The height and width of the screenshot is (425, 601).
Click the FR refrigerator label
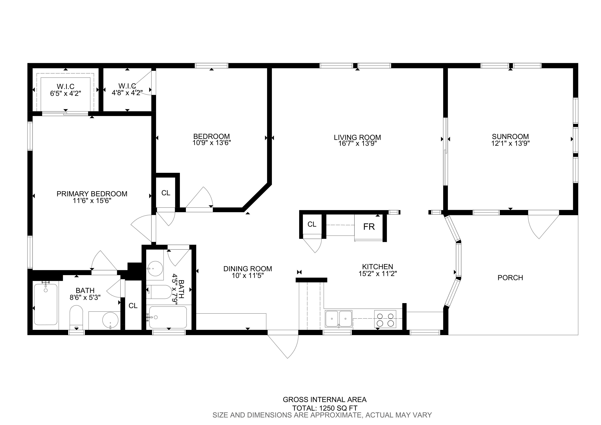coord(369,227)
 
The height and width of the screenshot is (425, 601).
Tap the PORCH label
coord(510,278)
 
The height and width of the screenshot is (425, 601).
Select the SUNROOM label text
coord(510,136)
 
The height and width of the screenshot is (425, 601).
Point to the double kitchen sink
coord(339,319)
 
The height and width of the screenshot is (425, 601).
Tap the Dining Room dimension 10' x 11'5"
coord(248,276)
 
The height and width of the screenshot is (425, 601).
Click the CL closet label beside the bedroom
coord(166,193)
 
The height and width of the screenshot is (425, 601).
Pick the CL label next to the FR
coord(312,224)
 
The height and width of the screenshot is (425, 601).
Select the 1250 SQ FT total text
coord(325,408)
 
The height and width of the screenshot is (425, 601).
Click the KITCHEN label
coord(377,267)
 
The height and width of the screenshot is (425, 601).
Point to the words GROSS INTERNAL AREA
coord(325,400)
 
